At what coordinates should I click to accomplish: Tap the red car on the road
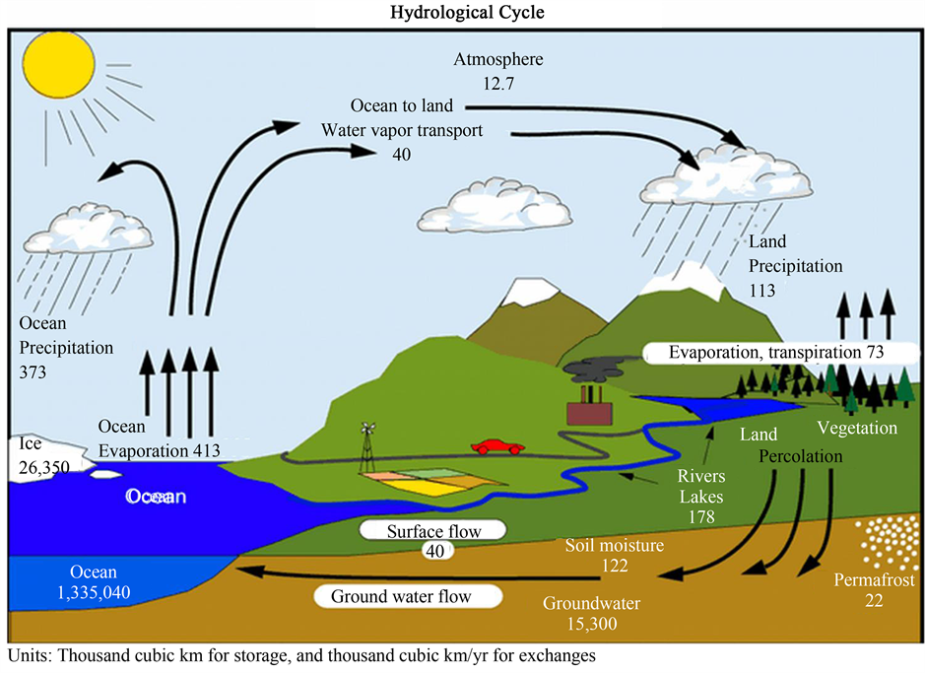coord(497,447)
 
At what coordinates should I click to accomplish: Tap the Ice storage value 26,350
coord(42,466)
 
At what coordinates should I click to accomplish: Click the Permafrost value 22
coord(845,599)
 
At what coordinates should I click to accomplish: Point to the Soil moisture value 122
coord(615,566)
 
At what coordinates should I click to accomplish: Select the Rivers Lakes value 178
coord(700,515)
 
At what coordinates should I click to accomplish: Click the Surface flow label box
coord(432,531)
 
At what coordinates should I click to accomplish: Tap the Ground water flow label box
coord(406,596)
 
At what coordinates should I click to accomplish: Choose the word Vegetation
coord(857,428)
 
